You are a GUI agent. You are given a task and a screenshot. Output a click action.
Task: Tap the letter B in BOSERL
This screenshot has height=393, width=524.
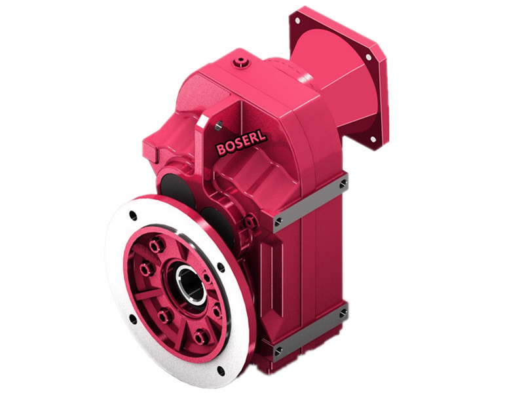tap(221, 151)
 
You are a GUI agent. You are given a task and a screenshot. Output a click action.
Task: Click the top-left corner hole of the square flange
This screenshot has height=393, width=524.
tap(297, 21)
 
